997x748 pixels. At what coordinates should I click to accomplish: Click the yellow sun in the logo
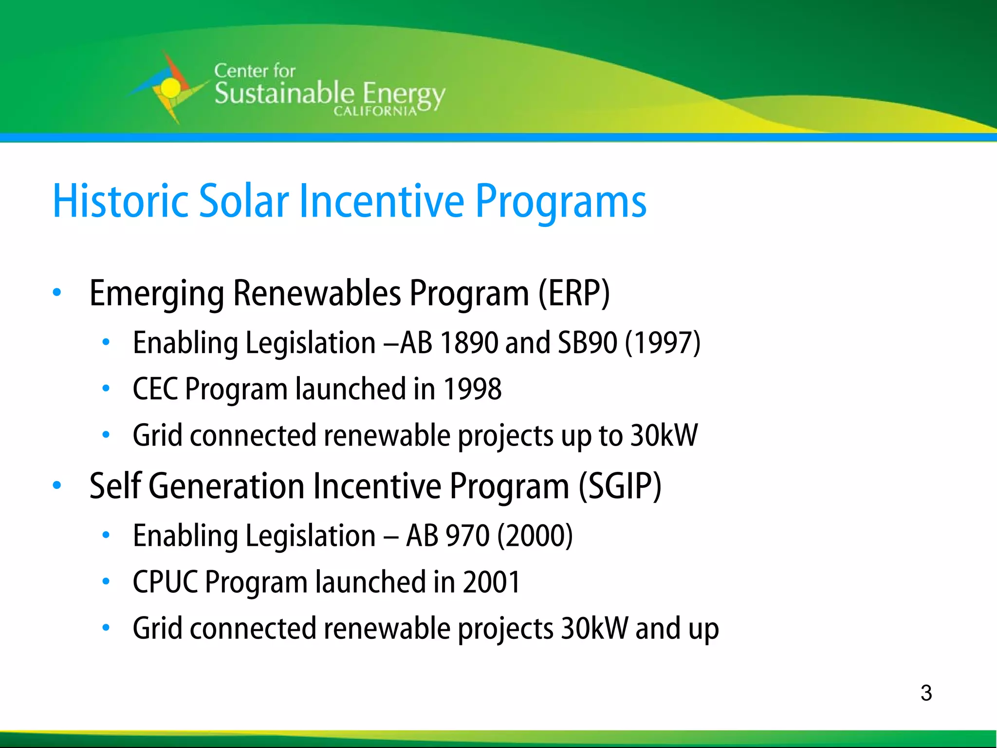pos(170,88)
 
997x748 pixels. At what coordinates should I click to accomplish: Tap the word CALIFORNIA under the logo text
pos(375,112)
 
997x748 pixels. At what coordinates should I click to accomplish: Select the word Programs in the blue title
pos(561,201)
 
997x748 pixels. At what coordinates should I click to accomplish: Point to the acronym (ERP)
pos(574,293)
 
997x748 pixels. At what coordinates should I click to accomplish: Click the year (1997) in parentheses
pos(663,342)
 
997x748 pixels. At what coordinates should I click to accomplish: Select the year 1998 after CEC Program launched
pos(473,389)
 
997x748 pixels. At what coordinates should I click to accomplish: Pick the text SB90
pos(588,342)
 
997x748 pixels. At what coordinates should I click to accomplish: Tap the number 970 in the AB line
pos(467,536)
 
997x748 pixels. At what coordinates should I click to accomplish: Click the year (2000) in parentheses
pos(535,536)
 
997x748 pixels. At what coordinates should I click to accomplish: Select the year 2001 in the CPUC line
pos(492,582)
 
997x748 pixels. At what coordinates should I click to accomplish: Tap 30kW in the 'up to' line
pos(664,435)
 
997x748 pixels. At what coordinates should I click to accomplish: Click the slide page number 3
pos(926,693)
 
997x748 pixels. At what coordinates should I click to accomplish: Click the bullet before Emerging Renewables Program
pos(57,293)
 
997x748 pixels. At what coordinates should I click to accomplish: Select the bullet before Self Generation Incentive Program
pos(57,486)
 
